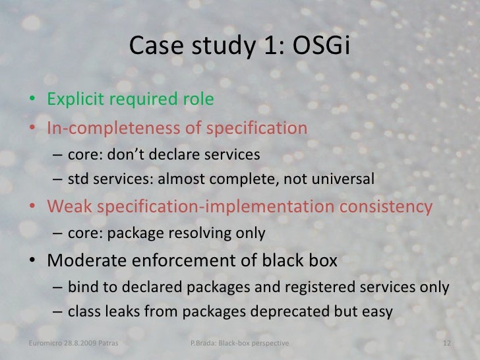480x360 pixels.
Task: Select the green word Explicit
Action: pyautogui.click(x=72, y=100)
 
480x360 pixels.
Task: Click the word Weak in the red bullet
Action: pyautogui.click(x=69, y=207)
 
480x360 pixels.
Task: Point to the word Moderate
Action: pyautogui.click(x=88, y=260)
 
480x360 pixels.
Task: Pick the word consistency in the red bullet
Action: pyautogui.click(x=386, y=207)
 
